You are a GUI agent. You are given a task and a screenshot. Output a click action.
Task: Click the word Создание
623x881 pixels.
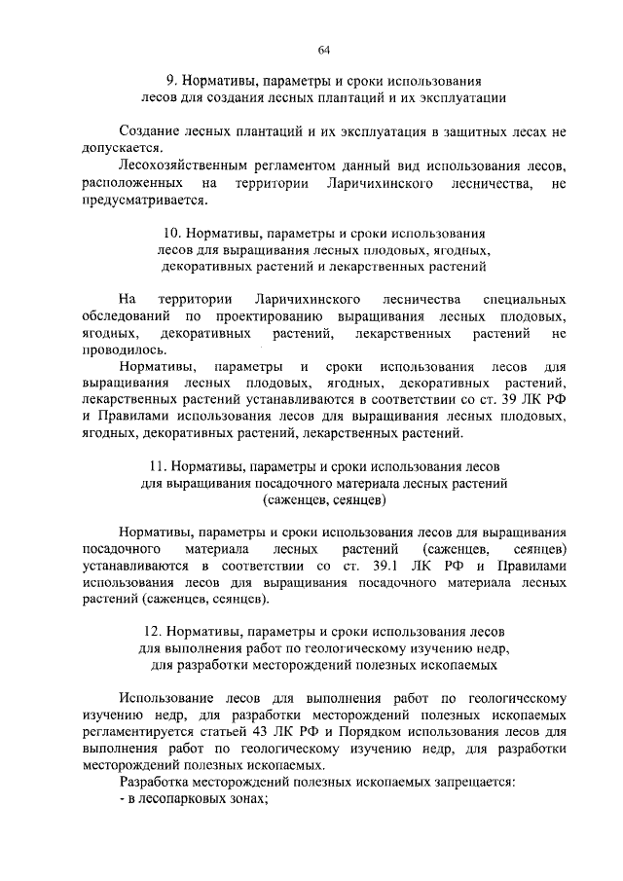pyautogui.click(x=147, y=130)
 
